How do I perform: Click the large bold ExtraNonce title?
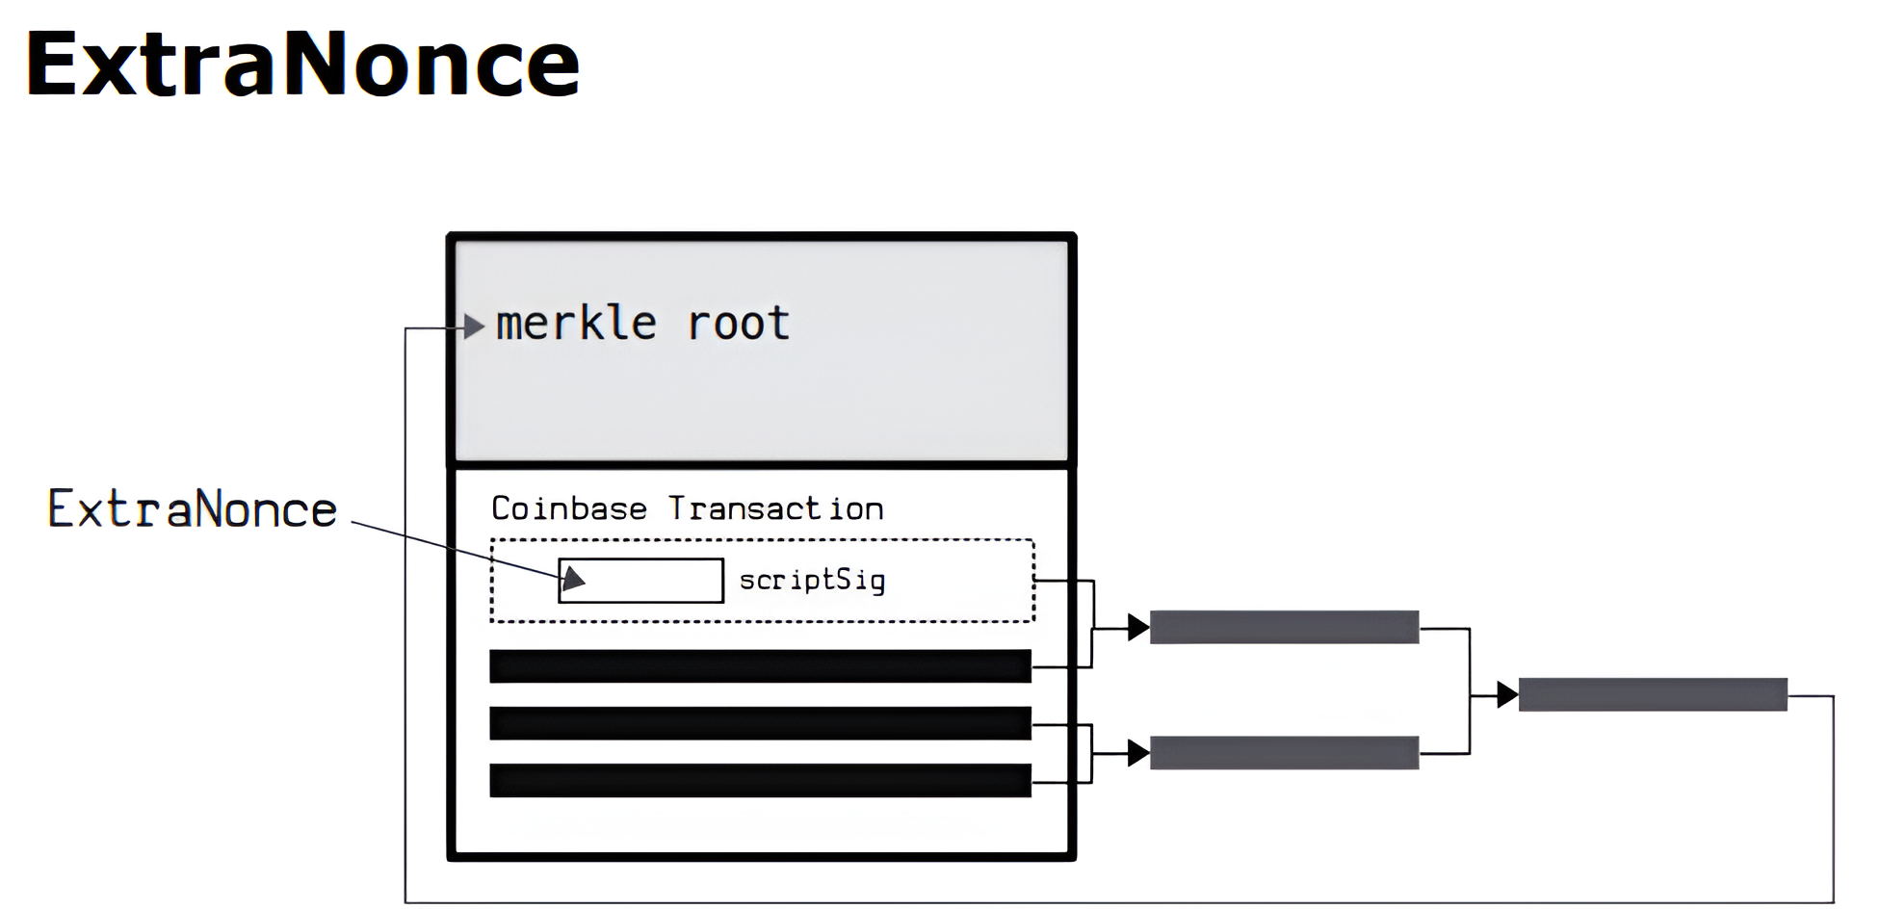(x=301, y=65)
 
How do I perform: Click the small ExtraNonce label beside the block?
(x=193, y=509)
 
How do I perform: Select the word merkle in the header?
(x=576, y=324)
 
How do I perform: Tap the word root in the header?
(x=738, y=324)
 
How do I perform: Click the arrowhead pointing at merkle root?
(x=473, y=326)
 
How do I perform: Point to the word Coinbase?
(x=568, y=508)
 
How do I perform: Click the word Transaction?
(x=775, y=508)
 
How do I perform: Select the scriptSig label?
(x=811, y=580)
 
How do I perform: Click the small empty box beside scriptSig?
(x=655, y=581)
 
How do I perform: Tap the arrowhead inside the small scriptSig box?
(x=573, y=578)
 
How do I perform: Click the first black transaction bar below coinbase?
(x=760, y=666)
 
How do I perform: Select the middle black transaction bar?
(x=760, y=723)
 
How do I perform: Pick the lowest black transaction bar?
(x=760, y=780)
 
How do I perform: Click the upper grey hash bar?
(x=1284, y=627)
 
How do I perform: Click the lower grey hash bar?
(x=1284, y=753)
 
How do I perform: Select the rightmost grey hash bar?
(x=1653, y=694)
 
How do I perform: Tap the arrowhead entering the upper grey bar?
(x=1138, y=628)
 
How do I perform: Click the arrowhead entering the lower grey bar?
(x=1138, y=753)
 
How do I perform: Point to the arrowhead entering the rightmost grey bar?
(x=1507, y=694)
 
